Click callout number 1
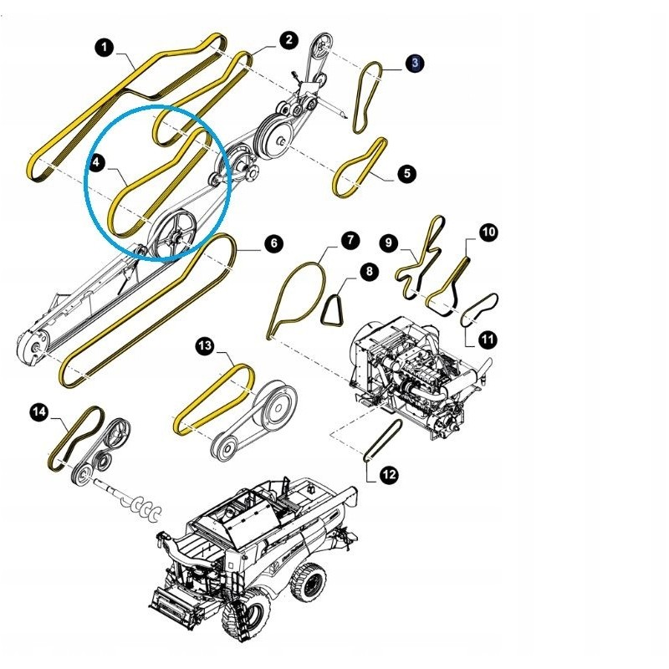tap(105, 48)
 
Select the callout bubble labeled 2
tap(289, 40)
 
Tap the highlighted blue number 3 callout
tap(415, 64)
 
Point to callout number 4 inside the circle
tap(96, 162)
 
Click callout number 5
tap(406, 174)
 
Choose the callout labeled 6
tap(274, 243)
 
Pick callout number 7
tap(350, 240)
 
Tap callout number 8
tap(369, 271)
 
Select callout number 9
tap(389, 243)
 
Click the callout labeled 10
tap(488, 232)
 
